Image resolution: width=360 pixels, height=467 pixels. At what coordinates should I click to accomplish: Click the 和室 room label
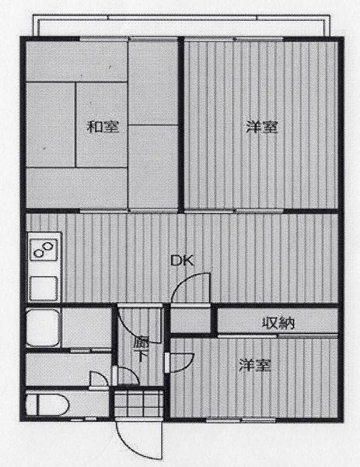point(103,127)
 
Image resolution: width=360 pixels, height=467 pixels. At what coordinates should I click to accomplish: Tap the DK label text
point(182,261)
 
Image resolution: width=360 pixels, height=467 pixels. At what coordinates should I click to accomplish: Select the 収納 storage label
point(278,323)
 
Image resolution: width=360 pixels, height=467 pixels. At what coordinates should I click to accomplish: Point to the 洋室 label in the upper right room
point(262,127)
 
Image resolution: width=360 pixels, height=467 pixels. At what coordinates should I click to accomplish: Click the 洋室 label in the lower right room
point(255,366)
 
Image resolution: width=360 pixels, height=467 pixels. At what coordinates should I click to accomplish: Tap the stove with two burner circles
point(44,250)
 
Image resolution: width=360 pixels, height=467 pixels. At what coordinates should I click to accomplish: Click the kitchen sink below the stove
point(44,288)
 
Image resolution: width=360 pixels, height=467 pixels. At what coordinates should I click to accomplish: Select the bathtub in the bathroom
point(42,328)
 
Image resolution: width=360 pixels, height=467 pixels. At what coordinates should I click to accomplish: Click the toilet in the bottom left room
point(47,405)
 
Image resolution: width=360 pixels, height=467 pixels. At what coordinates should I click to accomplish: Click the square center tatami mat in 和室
point(102,125)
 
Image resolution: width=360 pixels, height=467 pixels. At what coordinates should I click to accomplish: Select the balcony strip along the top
point(181,26)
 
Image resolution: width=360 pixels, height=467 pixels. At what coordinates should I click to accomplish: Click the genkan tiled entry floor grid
point(139,402)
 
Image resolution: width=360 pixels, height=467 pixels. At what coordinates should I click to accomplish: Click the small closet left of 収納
point(190,320)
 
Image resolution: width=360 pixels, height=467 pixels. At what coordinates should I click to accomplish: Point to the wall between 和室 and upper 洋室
point(181,124)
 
